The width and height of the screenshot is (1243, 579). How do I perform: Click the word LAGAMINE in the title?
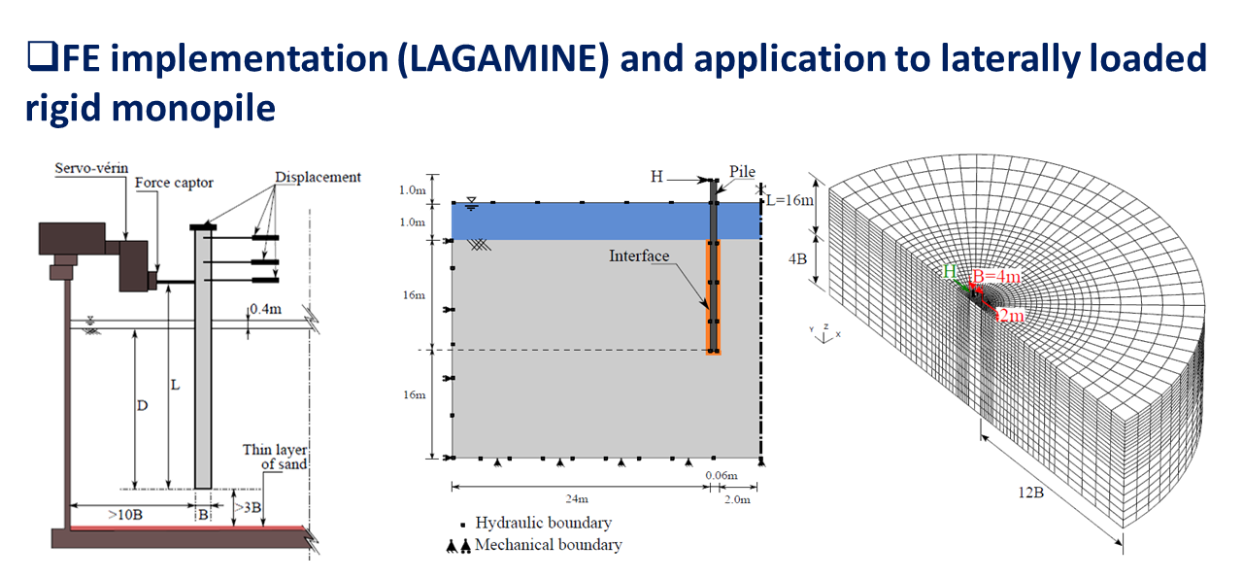pos(504,58)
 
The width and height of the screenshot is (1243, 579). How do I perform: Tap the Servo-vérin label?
pos(91,168)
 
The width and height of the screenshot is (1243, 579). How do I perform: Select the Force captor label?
pos(174,183)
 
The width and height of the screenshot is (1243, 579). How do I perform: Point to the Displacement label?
pos(318,177)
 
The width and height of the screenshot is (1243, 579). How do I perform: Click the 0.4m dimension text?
pos(265,309)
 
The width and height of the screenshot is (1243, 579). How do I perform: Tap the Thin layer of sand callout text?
pos(275,457)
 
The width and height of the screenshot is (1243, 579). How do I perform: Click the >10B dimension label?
pos(125,515)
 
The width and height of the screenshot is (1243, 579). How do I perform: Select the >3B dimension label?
pos(248,507)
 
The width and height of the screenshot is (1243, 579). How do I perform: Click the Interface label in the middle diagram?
pos(639,255)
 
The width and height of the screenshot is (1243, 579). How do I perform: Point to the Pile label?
pos(743,172)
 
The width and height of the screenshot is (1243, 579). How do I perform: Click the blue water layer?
pos(605,221)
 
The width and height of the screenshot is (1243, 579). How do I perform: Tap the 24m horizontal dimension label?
pos(577,499)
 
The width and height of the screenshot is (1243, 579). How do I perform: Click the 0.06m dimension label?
pos(722,475)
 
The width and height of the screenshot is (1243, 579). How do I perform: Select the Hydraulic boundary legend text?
pos(543,523)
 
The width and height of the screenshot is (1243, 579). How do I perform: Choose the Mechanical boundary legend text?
pos(549,545)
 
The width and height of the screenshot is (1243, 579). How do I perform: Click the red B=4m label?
pos(996,277)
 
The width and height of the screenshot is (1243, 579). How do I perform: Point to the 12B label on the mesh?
pos(1031,493)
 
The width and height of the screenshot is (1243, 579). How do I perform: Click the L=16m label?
pos(790,200)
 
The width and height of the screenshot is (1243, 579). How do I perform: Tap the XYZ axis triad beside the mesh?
pos(825,333)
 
